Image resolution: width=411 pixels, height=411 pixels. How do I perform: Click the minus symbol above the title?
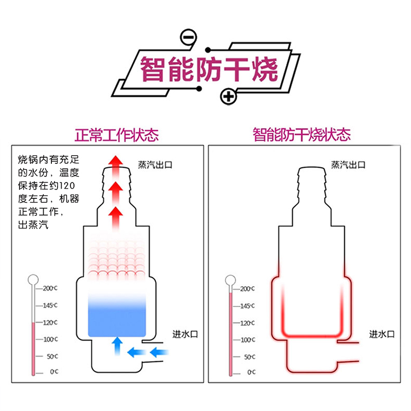coord(189,38)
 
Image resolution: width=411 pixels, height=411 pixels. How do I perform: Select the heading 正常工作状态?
coord(117,135)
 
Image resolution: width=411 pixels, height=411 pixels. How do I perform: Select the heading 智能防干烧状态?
coord(302,135)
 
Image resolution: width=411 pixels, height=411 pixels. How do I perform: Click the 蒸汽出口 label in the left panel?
coord(155,165)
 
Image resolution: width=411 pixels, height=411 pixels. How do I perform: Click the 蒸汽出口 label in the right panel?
coord(348,165)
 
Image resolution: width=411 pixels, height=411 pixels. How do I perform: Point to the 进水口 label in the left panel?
coord(184,334)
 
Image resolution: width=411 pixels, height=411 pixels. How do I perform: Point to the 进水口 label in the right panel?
coord(382,334)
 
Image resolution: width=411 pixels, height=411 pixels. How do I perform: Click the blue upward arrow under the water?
coord(117,345)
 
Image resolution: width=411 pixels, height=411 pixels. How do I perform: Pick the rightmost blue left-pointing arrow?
coord(160,352)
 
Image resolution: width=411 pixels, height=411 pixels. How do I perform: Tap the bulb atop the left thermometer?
coord(34,280)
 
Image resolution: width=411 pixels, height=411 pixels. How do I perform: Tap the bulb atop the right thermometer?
coord(231,281)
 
